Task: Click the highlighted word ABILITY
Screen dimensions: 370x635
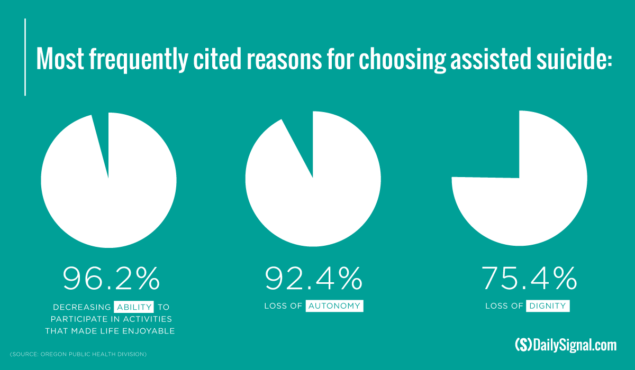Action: (133, 307)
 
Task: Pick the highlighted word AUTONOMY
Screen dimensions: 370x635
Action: (334, 306)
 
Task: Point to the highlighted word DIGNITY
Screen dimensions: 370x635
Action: (548, 306)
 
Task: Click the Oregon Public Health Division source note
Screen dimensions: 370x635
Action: (78, 354)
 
